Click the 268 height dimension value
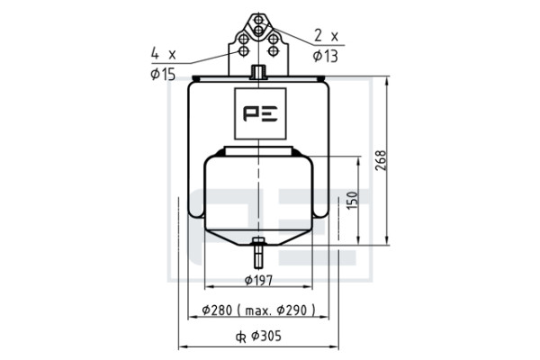click(381, 160)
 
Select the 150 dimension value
click(352, 201)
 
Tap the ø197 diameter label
click(258, 281)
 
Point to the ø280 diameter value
click(217, 310)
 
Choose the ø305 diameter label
click(265, 336)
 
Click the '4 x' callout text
click(164, 54)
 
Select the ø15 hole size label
click(163, 74)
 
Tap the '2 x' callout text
click(326, 36)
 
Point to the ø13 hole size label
click(326, 56)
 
